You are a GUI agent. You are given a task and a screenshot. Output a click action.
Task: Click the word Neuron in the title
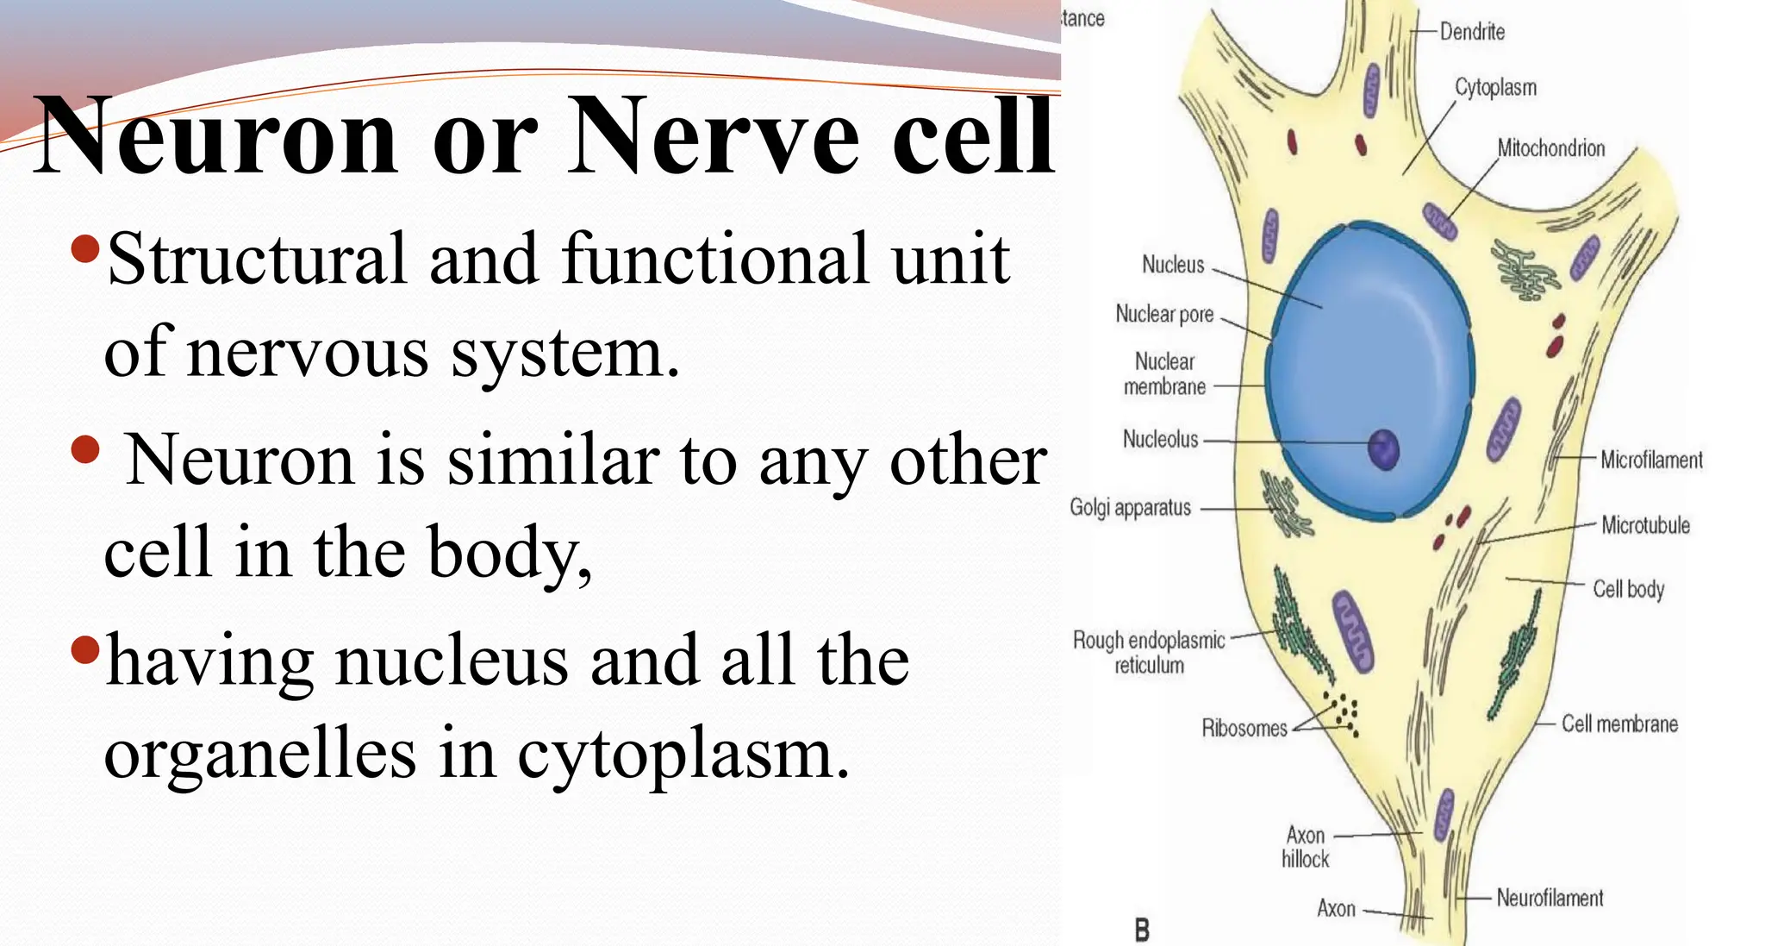215,136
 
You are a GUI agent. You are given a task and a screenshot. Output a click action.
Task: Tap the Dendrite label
1472,32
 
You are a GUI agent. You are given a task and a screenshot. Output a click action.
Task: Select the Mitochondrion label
1550,148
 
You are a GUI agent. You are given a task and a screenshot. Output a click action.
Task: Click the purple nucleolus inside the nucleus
1384,449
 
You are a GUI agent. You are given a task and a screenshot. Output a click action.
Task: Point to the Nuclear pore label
1163,314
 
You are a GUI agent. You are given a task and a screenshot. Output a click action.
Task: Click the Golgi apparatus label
1130,507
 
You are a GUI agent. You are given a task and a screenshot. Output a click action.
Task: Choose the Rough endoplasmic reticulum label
1148,652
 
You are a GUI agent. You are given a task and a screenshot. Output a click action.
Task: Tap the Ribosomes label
1244,729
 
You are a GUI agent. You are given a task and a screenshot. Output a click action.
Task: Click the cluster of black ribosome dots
1345,715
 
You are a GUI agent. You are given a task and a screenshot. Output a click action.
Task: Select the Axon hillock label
1305,847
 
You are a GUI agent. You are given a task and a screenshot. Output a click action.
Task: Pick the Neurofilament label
1549,898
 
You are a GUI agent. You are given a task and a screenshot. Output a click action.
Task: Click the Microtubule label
1644,525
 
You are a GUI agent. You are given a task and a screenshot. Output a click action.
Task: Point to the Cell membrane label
1618,724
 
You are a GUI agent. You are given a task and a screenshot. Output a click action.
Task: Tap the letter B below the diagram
1142,930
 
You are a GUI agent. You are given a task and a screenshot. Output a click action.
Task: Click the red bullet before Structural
85,250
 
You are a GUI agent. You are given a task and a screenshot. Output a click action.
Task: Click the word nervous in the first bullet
308,354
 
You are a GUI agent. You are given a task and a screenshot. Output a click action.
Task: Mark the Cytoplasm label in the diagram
1495,88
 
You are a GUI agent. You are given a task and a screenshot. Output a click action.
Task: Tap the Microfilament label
1650,460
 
